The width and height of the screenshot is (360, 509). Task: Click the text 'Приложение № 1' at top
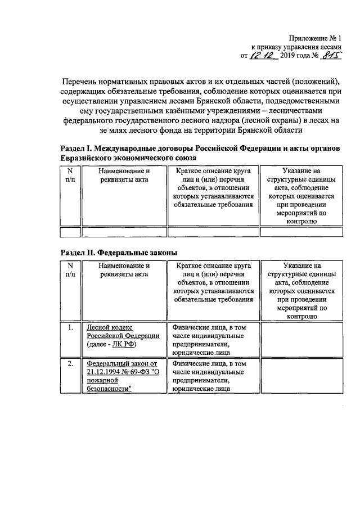click(314, 38)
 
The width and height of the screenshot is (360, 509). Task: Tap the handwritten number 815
click(332, 56)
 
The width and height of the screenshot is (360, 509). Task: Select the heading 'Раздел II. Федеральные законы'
click(120, 253)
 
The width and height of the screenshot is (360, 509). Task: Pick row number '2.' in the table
click(70, 364)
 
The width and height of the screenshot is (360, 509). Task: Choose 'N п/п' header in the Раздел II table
click(70, 270)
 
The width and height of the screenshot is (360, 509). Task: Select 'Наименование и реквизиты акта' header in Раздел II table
click(123, 270)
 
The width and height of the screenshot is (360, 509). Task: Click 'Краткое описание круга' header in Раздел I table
click(213, 170)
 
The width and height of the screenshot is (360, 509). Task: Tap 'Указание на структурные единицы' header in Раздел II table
click(301, 270)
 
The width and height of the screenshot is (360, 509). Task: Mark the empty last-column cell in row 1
click(301, 340)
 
